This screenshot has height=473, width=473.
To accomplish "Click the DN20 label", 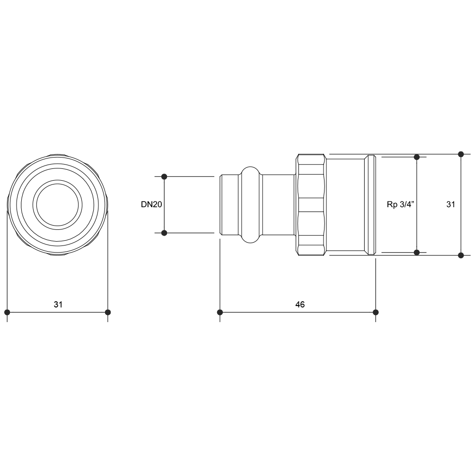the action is point(151,204).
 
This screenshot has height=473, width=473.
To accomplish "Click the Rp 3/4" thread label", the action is point(400,204).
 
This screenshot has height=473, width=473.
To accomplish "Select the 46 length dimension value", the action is point(300,304).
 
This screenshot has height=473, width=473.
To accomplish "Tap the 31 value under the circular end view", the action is point(58,304).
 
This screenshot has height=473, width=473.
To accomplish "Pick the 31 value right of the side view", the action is point(451,204).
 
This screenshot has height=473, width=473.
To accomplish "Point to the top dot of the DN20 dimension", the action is point(164,176).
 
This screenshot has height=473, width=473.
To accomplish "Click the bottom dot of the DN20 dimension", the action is point(164,233).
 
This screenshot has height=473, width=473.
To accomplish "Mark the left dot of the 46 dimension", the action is point(220,312).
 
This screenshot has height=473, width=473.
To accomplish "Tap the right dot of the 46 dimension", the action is point(376,312).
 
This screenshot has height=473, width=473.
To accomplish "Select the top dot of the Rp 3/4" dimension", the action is point(417,157).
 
